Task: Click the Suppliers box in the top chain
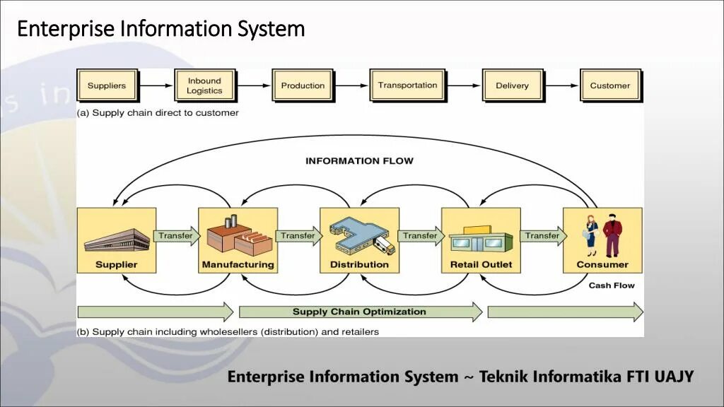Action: coord(107,85)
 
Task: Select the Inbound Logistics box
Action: coord(204,85)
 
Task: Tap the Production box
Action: coord(303,85)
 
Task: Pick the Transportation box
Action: coord(407,85)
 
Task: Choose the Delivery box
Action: coord(512,85)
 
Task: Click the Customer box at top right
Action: coord(609,85)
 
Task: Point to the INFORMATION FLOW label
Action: coord(359,161)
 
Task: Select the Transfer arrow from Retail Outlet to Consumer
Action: coord(543,236)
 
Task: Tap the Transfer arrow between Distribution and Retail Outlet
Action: coord(421,236)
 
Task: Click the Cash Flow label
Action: coord(612,285)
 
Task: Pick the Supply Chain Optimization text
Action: coord(359,312)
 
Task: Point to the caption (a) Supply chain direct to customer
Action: coord(158,113)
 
